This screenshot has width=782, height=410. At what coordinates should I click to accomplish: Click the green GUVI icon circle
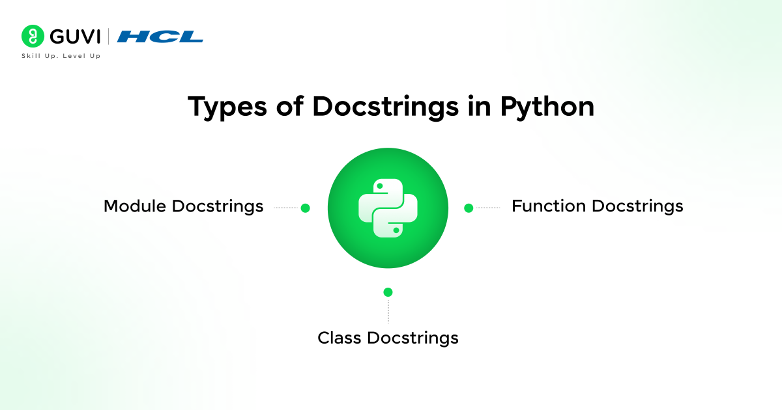(32, 36)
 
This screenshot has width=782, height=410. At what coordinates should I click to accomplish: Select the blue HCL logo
(160, 36)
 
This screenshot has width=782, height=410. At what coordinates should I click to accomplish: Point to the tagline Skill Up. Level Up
(61, 56)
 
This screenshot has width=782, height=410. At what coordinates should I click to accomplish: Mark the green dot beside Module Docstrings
(305, 208)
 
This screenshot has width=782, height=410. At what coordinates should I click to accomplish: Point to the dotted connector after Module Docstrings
(286, 208)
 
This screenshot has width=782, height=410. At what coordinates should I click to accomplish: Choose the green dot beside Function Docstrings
(468, 208)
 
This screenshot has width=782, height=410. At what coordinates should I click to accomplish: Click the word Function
(549, 206)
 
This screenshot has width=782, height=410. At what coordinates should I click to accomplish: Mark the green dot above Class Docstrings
(388, 292)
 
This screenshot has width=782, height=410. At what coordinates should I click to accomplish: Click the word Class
(339, 338)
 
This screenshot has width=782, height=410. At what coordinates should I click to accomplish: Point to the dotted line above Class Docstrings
(388, 311)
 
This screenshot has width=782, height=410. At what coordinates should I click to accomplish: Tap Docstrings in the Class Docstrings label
(413, 338)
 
